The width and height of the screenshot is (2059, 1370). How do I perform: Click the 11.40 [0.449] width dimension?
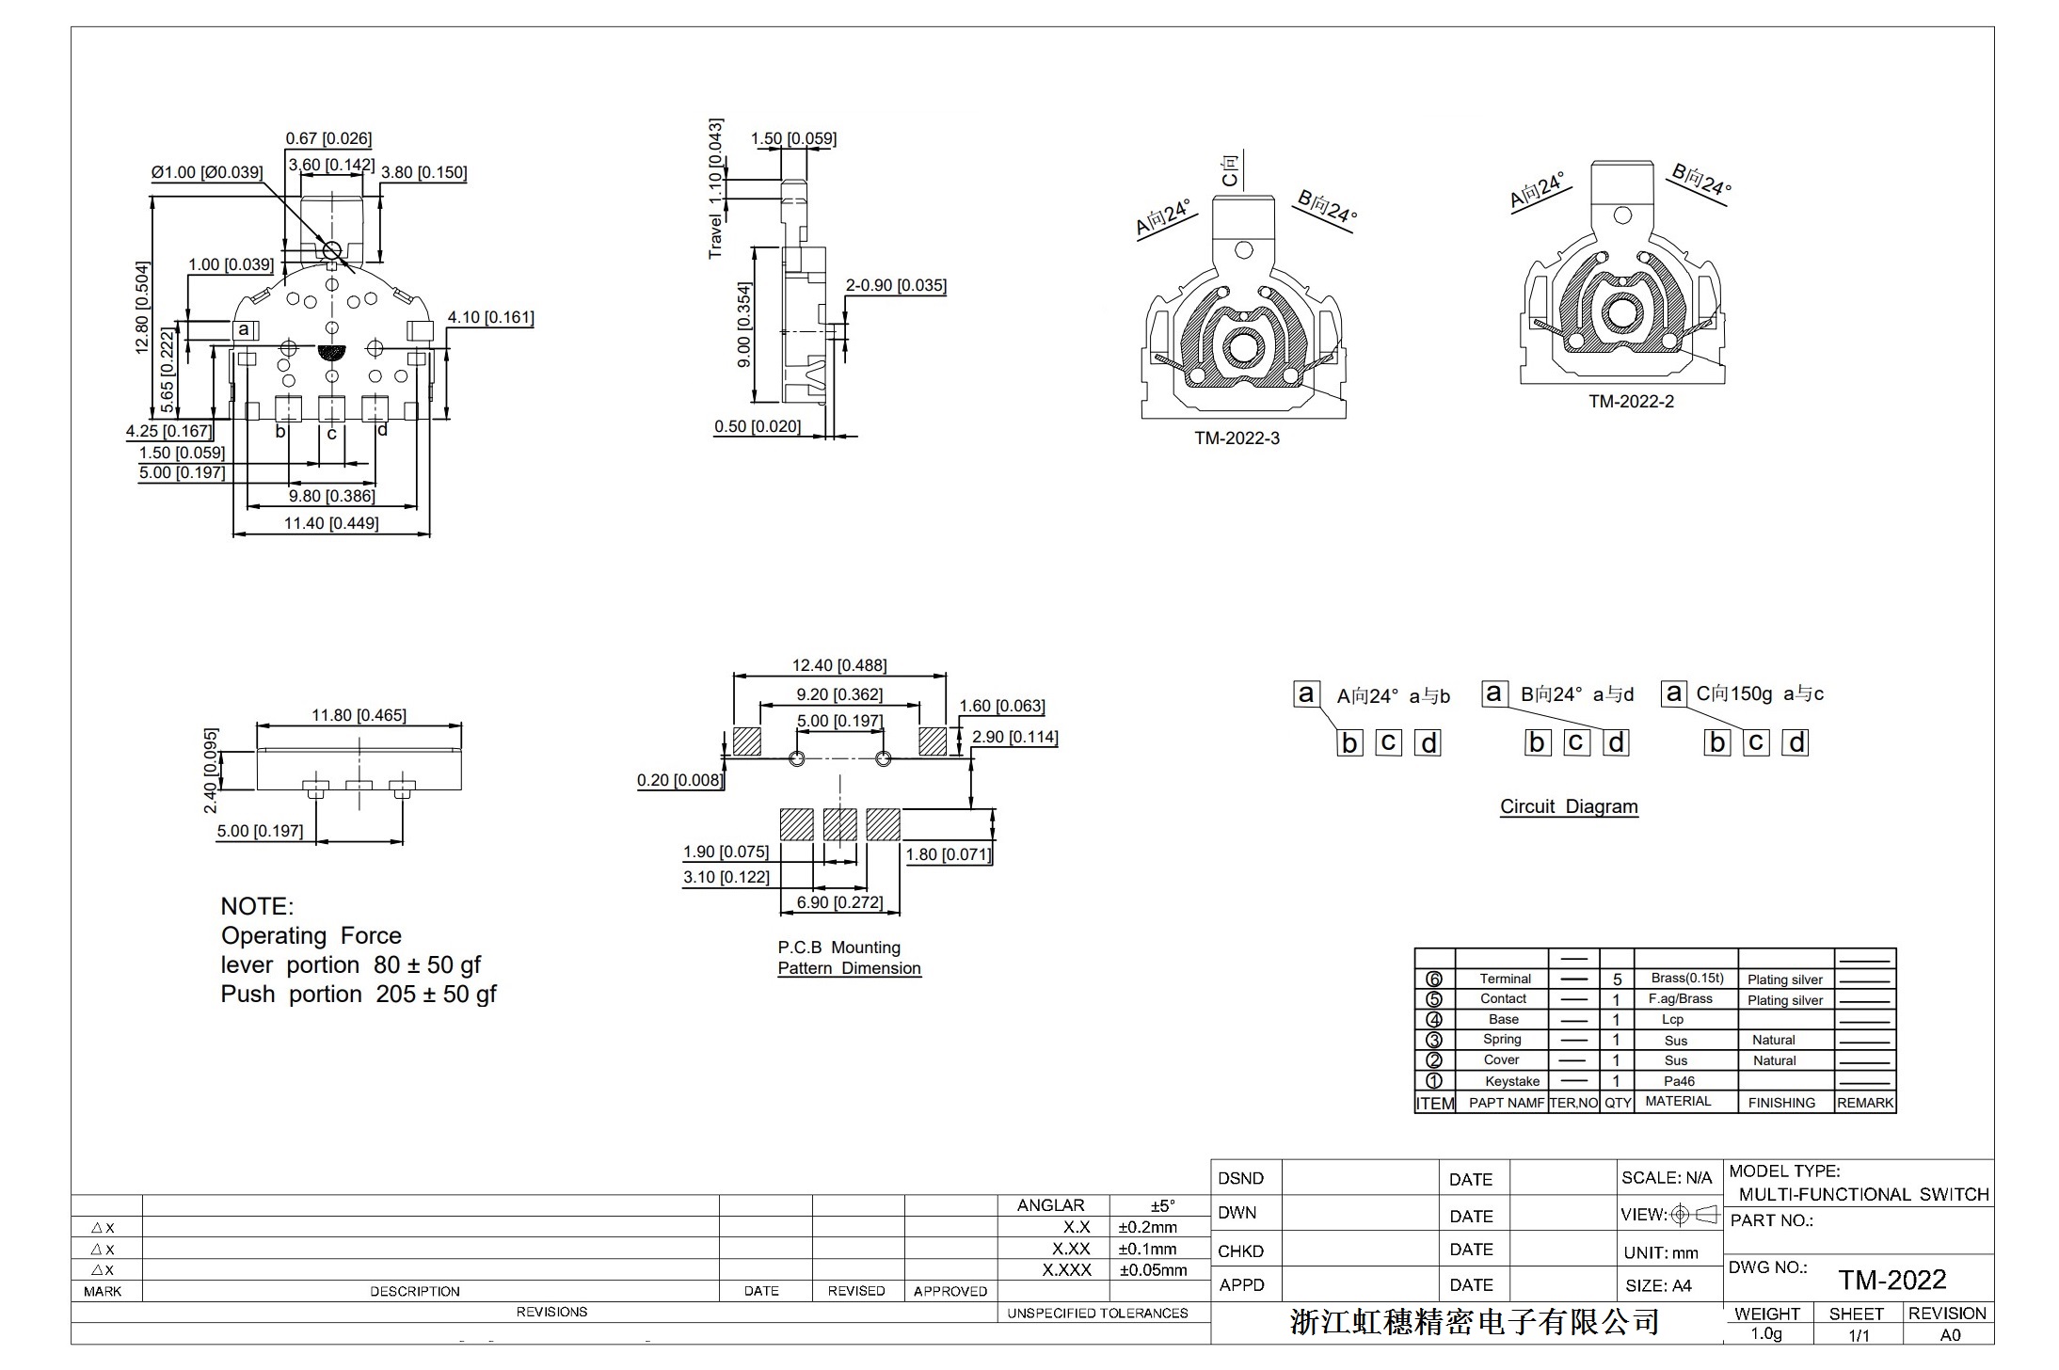click(331, 522)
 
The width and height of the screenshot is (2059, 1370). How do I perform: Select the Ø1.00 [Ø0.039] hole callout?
click(207, 172)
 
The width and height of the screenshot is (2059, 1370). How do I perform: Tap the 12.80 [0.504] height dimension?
click(142, 307)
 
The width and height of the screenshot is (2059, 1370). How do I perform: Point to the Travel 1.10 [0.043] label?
click(715, 188)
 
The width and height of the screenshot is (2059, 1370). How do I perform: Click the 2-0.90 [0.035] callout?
click(896, 285)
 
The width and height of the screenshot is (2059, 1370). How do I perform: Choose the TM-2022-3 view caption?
click(1237, 438)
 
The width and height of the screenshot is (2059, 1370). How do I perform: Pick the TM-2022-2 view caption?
click(1631, 402)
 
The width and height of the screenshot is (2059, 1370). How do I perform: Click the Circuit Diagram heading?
click(1569, 806)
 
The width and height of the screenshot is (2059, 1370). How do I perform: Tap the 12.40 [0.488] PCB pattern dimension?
click(838, 665)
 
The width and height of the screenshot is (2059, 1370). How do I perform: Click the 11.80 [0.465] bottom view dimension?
click(359, 715)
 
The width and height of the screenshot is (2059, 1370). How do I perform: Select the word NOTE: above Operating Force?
click(257, 906)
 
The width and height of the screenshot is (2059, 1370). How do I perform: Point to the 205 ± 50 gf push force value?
click(436, 995)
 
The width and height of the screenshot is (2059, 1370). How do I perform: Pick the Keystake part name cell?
click(1512, 1081)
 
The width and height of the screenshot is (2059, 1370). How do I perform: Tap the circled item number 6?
click(1434, 979)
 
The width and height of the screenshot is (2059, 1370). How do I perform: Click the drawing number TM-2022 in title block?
click(1892, 1280)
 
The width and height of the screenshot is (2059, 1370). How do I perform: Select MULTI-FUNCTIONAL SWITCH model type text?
click(1863, 1194)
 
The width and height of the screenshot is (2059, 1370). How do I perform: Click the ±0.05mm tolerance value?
click(1153, 1270)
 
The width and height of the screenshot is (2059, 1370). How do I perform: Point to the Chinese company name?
click(1474, 1322)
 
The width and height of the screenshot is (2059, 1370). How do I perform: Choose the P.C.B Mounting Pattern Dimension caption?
click(849, 958)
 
